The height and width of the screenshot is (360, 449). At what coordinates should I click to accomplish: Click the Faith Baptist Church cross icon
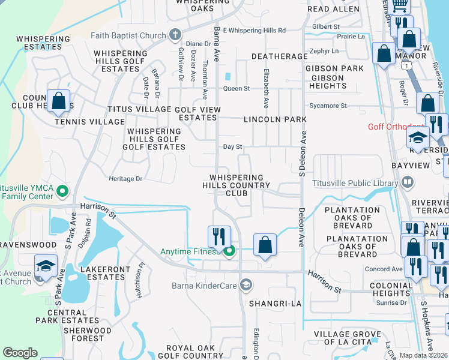coord(175,34)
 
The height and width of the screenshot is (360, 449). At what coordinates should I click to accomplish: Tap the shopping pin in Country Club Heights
coord(59,101)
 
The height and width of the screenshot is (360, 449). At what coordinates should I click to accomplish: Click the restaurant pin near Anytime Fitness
coord(220,236)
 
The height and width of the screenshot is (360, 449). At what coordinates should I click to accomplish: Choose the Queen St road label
coord(237,89)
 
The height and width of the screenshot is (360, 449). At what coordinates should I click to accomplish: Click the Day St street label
coord(232,146)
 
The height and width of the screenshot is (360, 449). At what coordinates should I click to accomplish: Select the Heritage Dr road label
coord(125,179)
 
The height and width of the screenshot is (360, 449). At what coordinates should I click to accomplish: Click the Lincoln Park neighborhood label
coord(275,119)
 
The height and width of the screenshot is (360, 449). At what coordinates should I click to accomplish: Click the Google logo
coord(20,353)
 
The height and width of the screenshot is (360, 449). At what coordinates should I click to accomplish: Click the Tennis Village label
coord(82,122)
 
